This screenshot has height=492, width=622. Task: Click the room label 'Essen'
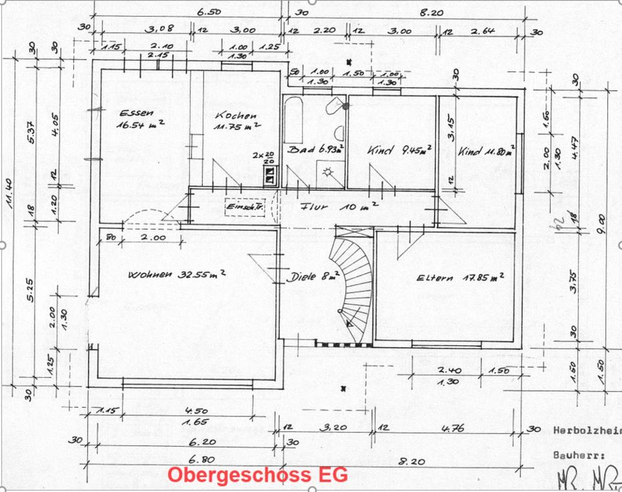132,113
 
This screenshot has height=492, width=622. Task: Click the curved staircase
353,285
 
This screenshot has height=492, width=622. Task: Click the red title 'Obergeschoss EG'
257,475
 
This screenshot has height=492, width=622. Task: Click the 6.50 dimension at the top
209,12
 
